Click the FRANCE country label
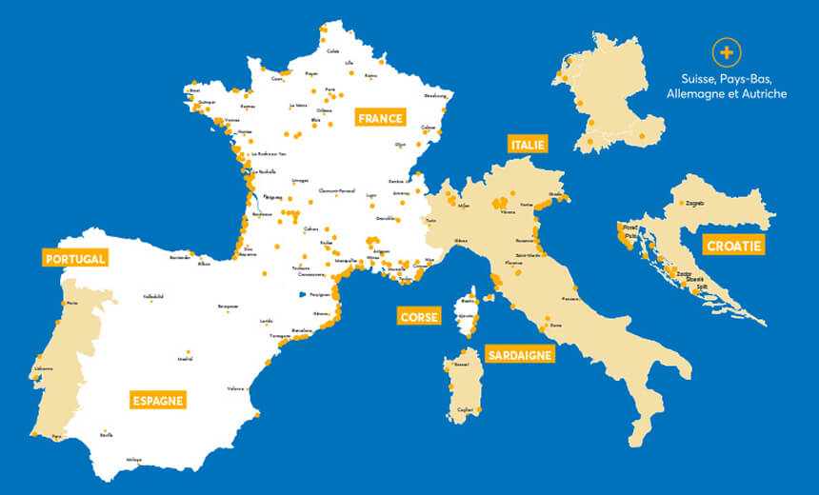click(x=380, y=118)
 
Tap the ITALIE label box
click(x=527, y=144)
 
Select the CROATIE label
click(x=733, y=246)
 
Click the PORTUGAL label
click(x=74, y=258)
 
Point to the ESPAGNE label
click(x=158, y=400)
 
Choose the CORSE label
click(x=419, y=316)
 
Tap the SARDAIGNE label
click(x=519, y=355)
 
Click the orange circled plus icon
click(x=727, y=51)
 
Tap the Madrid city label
click(x=186, y=360)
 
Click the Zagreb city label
click(x=694, y=203)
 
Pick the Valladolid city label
click(x=153, y=296)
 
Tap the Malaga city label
click(x=134, y=459)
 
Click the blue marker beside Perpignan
click(x=302, y=294)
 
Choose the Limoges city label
click(x=300, y=179)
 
